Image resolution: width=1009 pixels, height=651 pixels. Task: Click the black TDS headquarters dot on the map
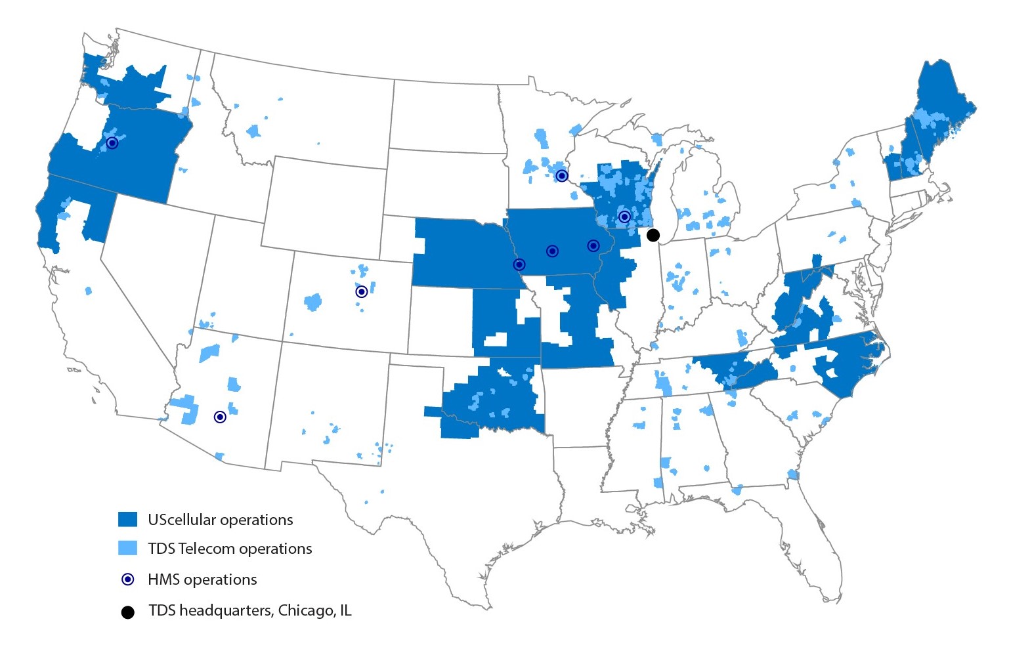653,235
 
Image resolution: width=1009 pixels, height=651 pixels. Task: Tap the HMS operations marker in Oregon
112,142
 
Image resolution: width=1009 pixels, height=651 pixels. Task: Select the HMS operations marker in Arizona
220,417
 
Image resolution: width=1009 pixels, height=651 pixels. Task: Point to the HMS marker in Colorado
361,291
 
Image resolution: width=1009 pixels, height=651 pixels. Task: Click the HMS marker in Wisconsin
624,217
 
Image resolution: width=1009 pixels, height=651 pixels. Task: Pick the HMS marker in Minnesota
561,175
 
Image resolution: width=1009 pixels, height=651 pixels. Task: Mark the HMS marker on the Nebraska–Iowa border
519,264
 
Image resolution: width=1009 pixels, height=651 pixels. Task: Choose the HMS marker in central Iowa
552,251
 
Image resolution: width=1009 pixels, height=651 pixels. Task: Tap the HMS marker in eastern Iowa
593,245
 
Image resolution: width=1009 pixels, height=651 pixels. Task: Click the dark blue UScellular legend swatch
127,519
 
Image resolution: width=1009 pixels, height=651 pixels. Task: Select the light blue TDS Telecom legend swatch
127,548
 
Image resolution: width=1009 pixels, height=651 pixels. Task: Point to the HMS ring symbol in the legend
128,579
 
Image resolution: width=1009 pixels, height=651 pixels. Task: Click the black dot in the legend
128,612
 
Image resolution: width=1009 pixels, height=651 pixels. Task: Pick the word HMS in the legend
163,579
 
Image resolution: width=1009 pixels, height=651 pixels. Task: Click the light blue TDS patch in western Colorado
313,303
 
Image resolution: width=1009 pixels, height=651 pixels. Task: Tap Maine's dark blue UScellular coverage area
939,92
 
